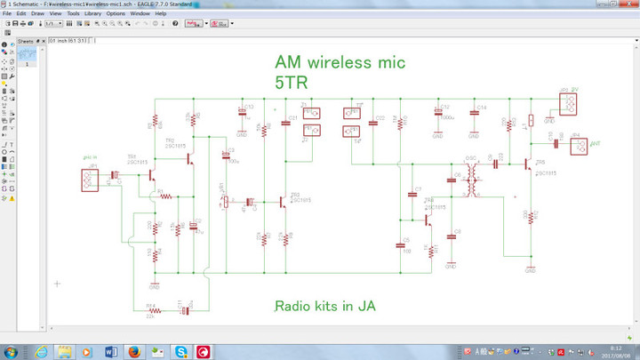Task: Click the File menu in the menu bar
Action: [6, 14]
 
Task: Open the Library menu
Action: [92, 14]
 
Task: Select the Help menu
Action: [160, 14]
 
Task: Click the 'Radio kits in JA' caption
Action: [324, 306]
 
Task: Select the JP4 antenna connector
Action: [575, 142]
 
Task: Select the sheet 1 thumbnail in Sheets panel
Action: [29, 54]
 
